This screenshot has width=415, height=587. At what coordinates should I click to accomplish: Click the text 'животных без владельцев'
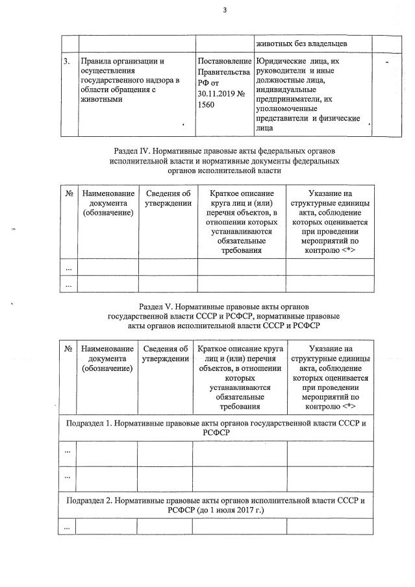[299, 43]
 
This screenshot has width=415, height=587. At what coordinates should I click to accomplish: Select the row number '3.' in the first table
[67, 61]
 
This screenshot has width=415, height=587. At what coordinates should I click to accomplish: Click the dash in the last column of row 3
[388, 62]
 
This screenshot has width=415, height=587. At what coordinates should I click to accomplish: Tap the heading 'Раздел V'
[157, 305]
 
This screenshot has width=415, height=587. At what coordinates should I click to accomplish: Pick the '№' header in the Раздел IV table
[68, 193]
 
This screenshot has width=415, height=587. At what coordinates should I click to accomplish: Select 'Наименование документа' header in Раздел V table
[106, 359]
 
